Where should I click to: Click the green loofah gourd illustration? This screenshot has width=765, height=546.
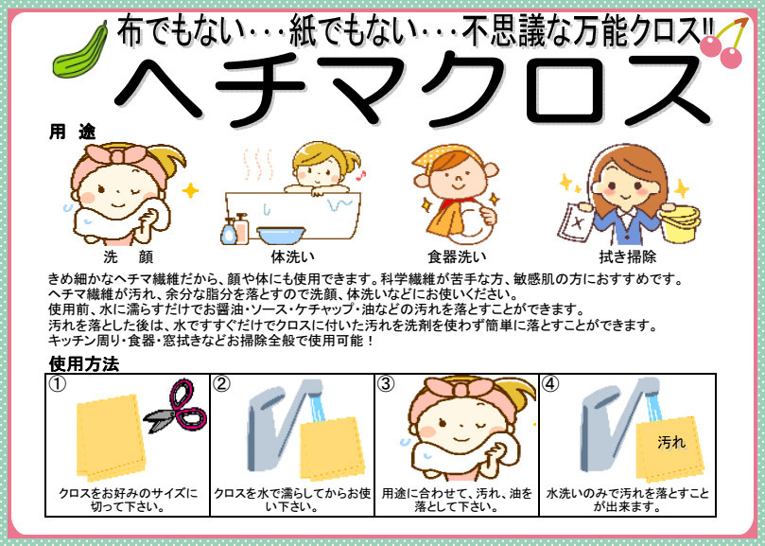(x=80, y=51)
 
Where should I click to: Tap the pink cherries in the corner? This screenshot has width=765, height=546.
(x=724, y=43)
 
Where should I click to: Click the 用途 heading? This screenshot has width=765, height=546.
(x=72, y=132)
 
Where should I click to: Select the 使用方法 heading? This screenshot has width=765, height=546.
(x=84, y=363)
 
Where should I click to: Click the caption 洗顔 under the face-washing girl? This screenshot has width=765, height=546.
(x=129, y=256)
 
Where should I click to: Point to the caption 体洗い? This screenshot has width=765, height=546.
(x=293, y=256)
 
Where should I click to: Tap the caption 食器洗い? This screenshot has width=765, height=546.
(x=457, y=256)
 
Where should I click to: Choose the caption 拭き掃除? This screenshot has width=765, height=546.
(x=628, y=256)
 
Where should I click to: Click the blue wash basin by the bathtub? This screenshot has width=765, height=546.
(x=281, y=235)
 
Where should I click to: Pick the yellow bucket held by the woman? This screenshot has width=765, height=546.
(x=680, y=223)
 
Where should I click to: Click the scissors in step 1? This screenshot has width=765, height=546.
(x=177, y=407)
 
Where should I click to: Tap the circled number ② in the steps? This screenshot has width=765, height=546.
(x=222, y=384)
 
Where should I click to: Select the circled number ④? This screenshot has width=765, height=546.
(x=550, y=384)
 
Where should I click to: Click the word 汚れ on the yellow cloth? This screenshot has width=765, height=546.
(x=671, y=443)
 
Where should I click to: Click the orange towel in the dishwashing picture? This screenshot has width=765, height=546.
(x=446, y=219)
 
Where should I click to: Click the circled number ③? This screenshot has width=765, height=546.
(x=386, y=384)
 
